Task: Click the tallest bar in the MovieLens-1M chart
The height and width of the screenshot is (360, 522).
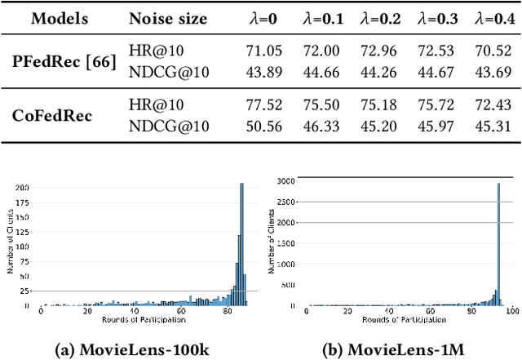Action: tap(498, 245)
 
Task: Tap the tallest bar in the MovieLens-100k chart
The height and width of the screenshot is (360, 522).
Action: tap(241, 245)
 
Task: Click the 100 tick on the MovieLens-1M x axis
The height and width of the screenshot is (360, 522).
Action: tap(511, 311)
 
